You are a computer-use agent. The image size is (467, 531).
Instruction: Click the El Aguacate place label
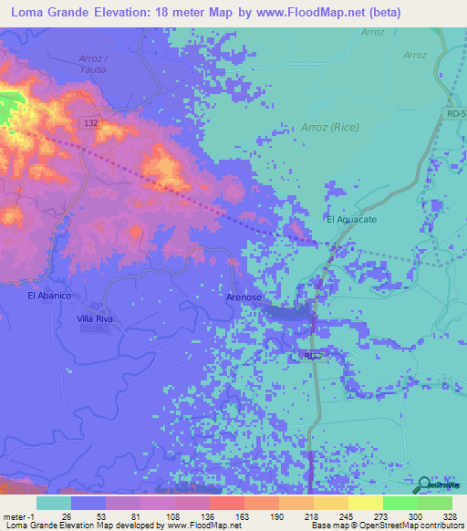[x=349, y=220]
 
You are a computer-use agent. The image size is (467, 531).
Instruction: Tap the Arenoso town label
[x=244, y=297]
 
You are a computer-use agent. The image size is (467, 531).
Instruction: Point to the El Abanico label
[x=49, y=297]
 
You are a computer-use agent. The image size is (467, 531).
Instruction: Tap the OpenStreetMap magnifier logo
[x=426, y=486]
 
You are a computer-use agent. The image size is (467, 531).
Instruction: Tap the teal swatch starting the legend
[x=53, y=503]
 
